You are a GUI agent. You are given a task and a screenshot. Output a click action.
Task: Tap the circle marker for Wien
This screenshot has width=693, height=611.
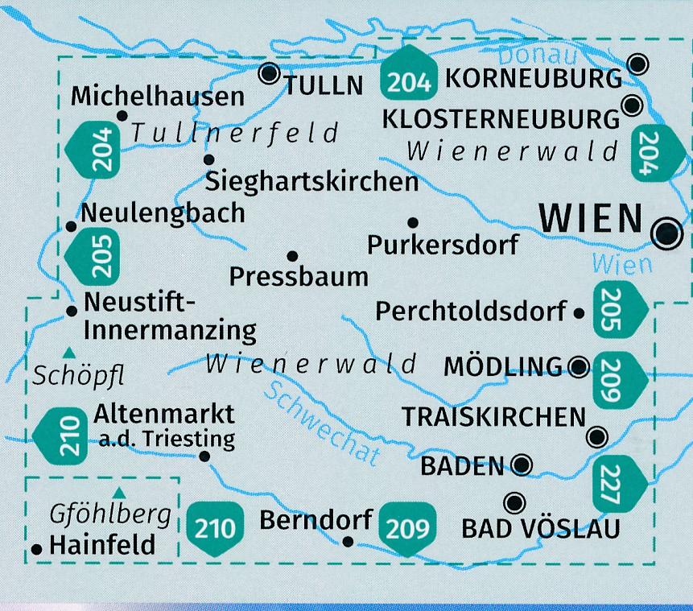667,233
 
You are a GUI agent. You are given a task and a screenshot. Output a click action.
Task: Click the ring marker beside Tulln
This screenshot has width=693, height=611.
267,75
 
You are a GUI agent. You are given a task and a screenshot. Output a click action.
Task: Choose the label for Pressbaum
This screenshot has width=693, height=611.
299,276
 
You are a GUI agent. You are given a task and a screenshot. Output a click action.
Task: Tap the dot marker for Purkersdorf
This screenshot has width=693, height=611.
412,222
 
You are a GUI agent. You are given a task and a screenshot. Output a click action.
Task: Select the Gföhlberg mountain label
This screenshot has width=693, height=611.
111,514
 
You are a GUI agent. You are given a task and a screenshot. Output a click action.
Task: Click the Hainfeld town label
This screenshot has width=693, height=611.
102,545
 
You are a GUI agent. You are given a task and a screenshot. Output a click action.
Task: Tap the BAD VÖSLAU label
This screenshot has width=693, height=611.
541,528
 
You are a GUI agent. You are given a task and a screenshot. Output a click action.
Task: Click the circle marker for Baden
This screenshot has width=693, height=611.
522,464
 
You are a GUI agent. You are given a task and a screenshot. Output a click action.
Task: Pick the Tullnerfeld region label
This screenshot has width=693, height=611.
236,130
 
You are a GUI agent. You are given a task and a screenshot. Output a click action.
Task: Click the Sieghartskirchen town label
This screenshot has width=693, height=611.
312,181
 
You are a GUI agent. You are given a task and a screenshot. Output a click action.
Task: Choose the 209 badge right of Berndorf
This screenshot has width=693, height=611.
408,527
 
